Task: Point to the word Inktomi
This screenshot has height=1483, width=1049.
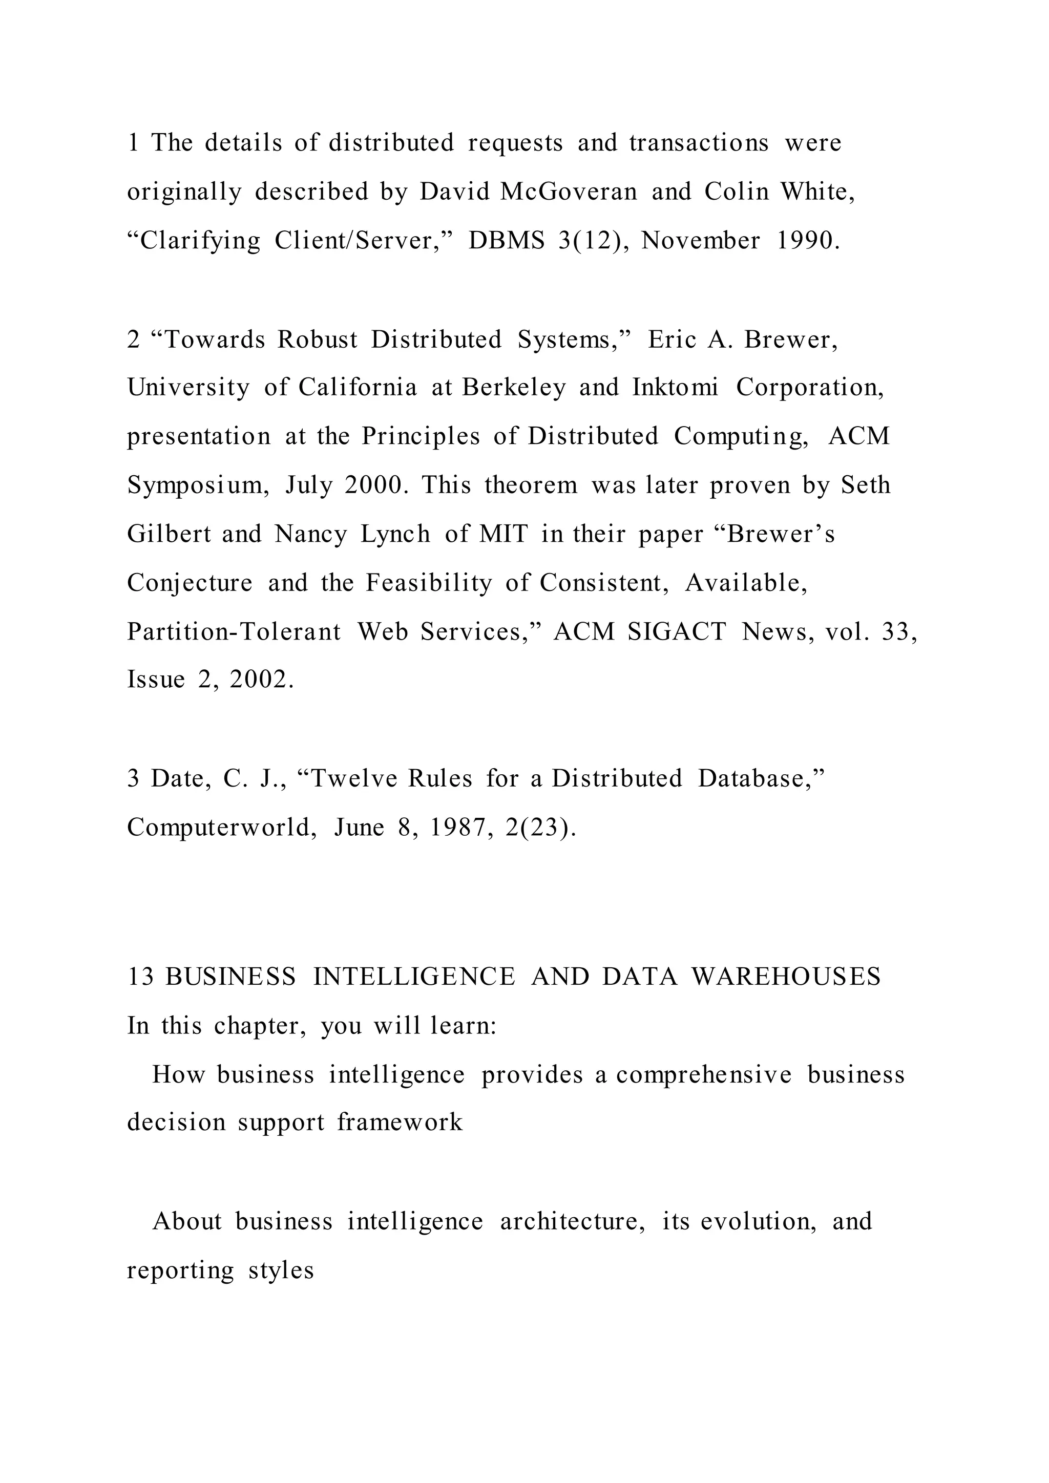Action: pos(675,387)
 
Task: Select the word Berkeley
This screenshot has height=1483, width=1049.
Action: pos(514,387)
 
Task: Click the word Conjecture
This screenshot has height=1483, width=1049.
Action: pos(189,583)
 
